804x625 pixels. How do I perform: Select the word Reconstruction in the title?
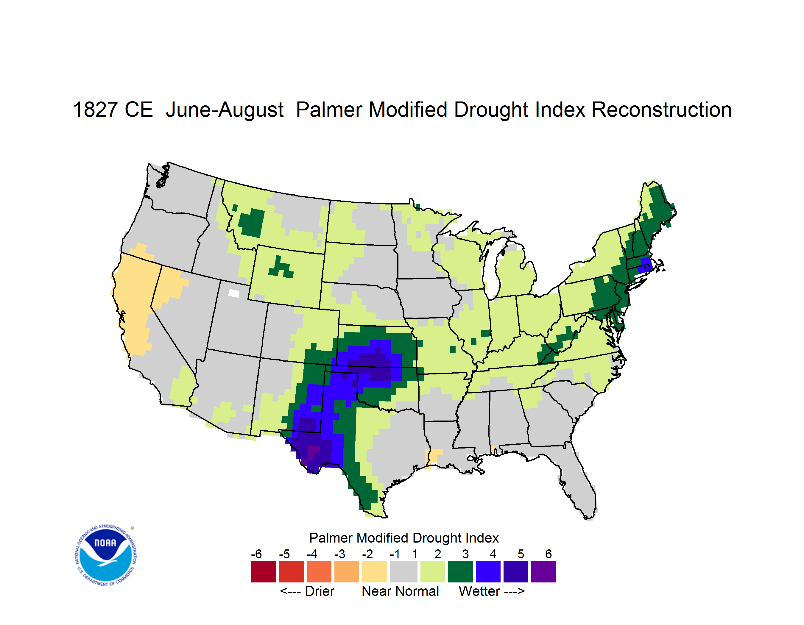tap(662, 110)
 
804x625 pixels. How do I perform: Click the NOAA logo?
tap(106, 555)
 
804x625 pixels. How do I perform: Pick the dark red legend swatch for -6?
tap(264, 572)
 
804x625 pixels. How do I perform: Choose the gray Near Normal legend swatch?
tap(403, 572)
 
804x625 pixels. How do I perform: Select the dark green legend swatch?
tap(460, 572)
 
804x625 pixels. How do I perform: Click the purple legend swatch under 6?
tap(543, 572)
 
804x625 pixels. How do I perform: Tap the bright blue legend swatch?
tap(488, 572)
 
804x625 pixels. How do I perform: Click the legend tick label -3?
tap(340, 554)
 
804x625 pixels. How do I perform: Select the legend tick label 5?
tap(521, 554)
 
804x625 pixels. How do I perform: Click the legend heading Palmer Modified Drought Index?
tap(404, 538)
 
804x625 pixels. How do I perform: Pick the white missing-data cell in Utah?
tap(234, 293)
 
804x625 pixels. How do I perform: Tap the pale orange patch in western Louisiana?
tap(433, 457)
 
